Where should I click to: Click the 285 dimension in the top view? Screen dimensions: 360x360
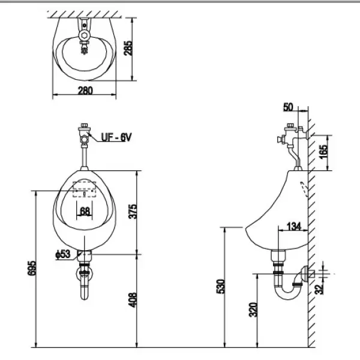click(x=128, y=48)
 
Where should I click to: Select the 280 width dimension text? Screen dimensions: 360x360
click(x=85, y=91)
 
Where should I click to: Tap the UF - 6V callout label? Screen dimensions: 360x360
click(x=116, y=137)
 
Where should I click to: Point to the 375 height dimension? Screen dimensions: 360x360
click(x=133, y=211)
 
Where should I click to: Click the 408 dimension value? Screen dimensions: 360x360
click(x=133, y=300)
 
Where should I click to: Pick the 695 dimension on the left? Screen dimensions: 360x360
click(x=32, y=268)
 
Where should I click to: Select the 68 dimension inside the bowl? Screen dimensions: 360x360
click(x=84, y=211)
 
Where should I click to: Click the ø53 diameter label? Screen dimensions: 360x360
click(x=63, y=254)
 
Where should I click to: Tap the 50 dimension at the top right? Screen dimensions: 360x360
click(x=288, y=107)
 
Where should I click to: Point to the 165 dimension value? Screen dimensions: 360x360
click(x=323, y=152)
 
